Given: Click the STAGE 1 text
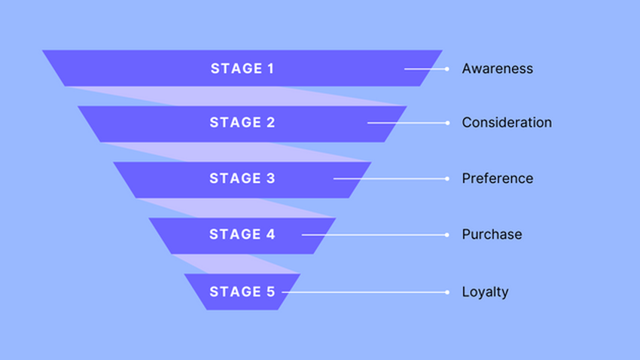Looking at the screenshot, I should tap(242, 69).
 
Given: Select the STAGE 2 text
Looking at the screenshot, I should tap(242, 123).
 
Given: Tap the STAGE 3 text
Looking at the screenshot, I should tap(242, 178).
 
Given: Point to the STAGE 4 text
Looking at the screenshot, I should tap(242, 234).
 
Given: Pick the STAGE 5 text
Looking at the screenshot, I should tap(242, 291).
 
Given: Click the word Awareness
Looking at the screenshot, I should tap(497, 69).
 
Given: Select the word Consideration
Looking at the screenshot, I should tap(507, 123).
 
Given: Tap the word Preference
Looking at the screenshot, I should tap(497, 178).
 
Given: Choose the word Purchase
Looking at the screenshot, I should tap(492, 234).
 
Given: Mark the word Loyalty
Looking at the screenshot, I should tap(485, 291).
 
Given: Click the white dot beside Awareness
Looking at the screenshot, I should tap(446, 69).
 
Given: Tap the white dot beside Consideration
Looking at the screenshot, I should tap(446, 123).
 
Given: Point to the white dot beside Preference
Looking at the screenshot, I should tap(446, 178).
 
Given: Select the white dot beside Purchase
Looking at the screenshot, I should tap(446, 234).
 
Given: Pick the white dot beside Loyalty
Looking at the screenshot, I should tap(446, 291).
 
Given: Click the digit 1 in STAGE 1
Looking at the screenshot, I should tap(270, 69).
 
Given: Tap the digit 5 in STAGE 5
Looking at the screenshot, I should tap(271, 291).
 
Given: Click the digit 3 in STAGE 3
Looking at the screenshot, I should tap(271, 178).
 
